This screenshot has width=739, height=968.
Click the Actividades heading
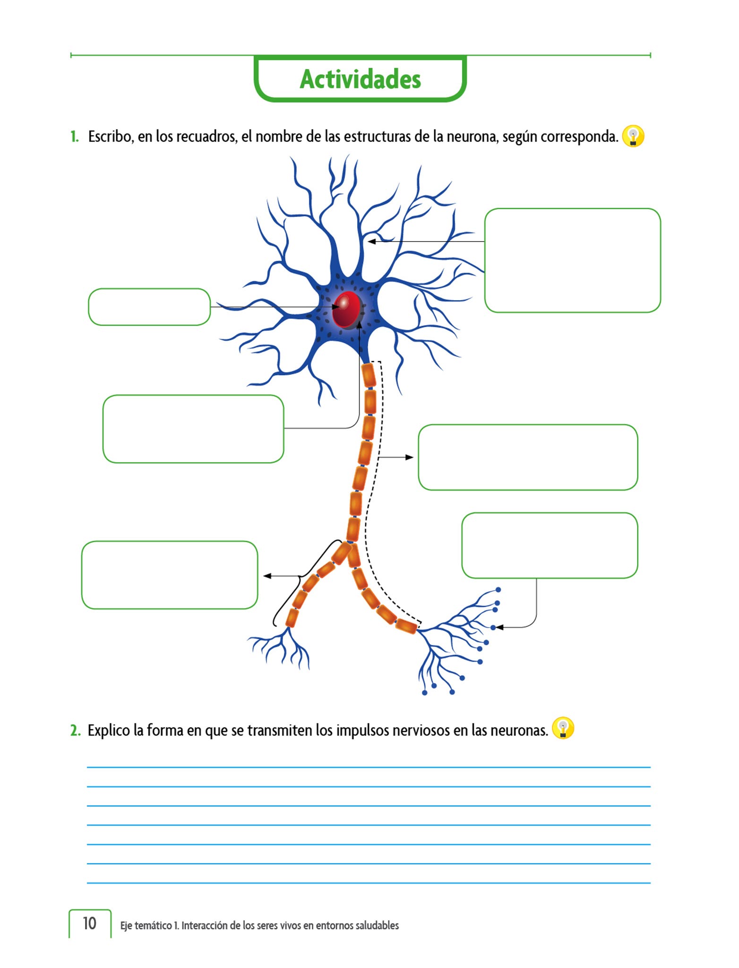[360, 79]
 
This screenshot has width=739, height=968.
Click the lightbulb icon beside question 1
[633, 136]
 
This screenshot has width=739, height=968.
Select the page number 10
[89, 923]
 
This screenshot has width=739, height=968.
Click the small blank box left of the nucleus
[149, 307]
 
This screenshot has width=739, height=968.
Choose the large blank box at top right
[572, 260]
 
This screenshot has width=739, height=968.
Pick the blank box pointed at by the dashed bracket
[527, 457]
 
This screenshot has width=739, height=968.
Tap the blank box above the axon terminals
[549, 545]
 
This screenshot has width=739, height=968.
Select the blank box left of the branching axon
[169, 575]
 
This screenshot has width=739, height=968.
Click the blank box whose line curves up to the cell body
[193, 429]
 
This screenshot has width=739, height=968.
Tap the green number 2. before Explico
[76, 730]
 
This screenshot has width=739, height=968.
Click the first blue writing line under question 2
[369, 767]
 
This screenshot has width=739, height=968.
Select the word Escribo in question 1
[111, 137]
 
